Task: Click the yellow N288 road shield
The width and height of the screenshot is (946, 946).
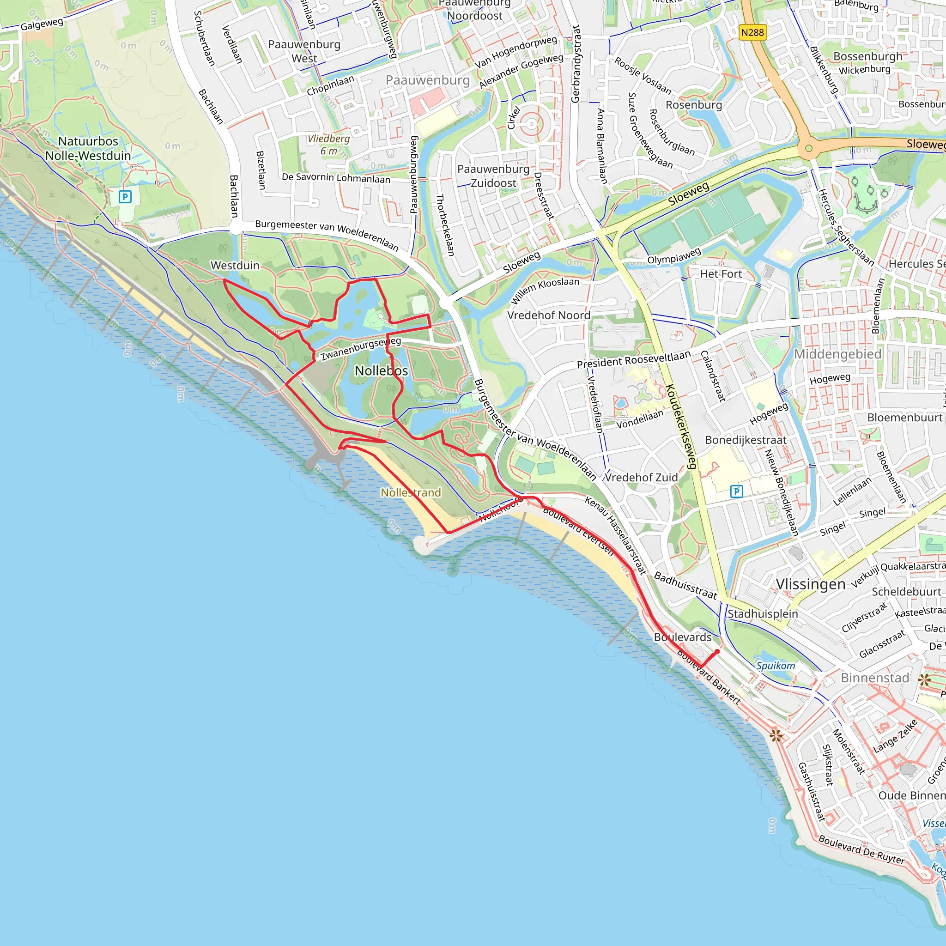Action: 752,32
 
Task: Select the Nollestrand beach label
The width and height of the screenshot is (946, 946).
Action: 411,492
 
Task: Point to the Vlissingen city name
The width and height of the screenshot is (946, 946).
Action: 810,584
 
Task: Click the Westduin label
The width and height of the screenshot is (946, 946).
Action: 235,266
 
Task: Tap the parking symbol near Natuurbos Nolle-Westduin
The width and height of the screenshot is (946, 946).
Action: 125,197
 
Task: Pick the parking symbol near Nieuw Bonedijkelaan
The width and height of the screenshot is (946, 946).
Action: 736,491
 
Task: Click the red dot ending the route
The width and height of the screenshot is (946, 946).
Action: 717,651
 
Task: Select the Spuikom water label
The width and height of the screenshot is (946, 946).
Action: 776,666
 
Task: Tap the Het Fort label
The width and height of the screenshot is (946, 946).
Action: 721,274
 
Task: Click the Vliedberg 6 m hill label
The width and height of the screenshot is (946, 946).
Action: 328,145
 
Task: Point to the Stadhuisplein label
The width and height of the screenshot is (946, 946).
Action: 763,613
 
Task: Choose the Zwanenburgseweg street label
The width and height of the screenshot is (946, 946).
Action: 361,349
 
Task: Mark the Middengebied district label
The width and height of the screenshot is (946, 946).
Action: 838,354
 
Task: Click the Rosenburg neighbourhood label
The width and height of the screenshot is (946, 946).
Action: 694,105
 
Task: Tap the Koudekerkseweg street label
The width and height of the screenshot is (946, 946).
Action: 680,426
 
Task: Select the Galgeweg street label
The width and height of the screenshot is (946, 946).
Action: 42,24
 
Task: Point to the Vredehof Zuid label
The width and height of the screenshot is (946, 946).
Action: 642,478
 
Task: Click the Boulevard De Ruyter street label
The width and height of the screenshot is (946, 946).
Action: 862,851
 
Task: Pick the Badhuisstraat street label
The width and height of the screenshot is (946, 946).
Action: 685,585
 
